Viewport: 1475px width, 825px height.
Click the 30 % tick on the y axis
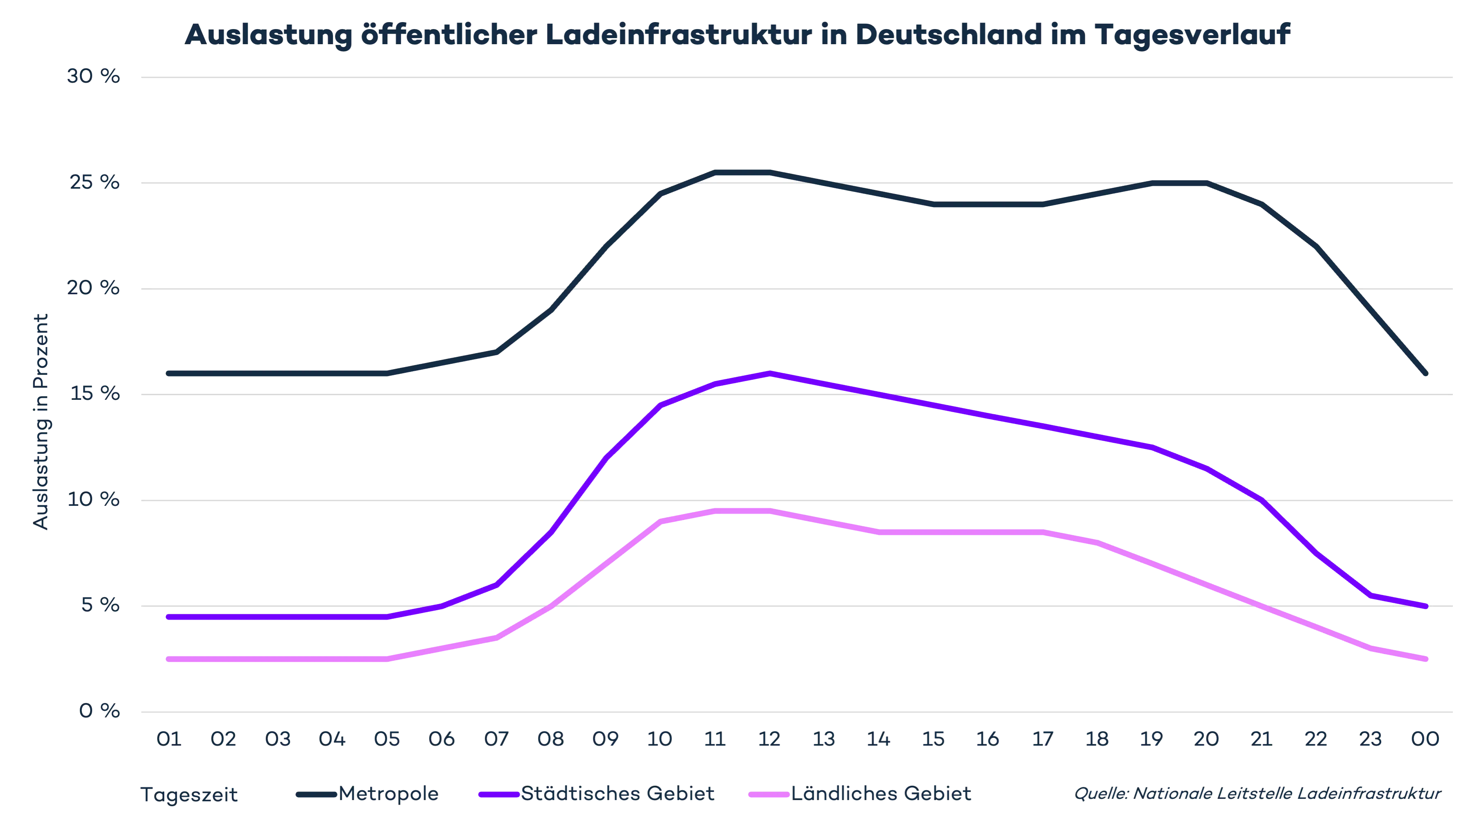coord(93,77)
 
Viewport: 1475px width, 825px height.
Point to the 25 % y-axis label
coord(93,183)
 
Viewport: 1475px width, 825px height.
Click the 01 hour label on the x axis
coord(170,740)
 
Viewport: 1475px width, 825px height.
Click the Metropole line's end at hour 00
coord(1428,374)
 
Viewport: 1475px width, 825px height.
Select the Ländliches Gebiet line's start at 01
coord(167,660)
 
